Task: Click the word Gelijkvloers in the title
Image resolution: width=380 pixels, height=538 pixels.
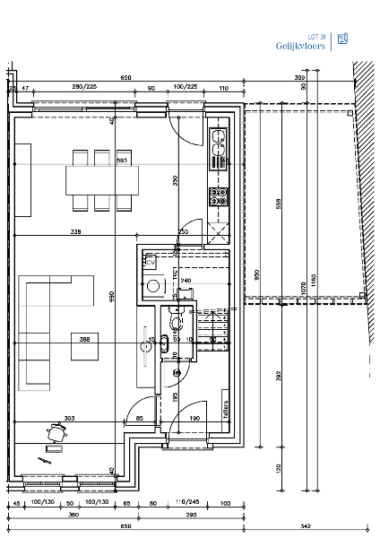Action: click(300, 45)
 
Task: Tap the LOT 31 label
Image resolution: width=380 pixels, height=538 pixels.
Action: click(316, 35)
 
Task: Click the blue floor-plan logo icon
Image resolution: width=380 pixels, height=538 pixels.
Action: click(343, 39)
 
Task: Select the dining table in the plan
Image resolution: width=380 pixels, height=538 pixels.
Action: click(103, 179)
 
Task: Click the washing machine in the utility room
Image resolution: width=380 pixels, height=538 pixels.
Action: click(153, 287)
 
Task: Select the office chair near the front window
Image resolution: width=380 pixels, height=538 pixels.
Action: click(58, 432)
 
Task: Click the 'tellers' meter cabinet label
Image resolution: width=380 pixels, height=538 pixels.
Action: click(226, 407)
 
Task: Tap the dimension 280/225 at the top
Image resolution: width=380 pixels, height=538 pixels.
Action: click(85, 87)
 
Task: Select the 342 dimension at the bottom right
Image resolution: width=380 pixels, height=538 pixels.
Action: click(305, 525)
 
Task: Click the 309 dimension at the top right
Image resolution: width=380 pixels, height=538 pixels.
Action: click(298, 78)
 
